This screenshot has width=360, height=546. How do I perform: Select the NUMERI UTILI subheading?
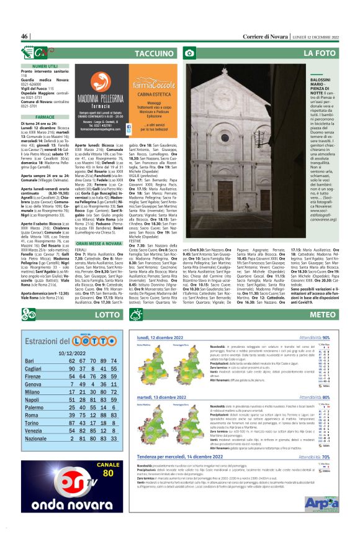45,65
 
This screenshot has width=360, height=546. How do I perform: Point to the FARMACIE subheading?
45,116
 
